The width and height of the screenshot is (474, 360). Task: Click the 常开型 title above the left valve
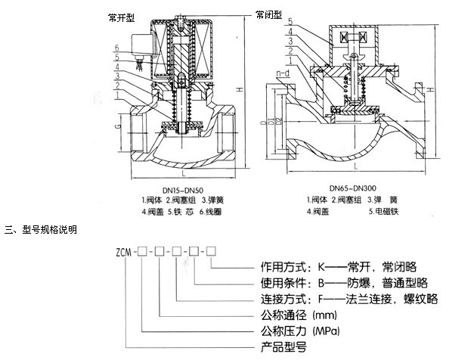coord(122,17)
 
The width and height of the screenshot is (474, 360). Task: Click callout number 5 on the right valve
coord(289,21)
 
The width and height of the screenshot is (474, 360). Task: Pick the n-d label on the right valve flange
coord(283,73)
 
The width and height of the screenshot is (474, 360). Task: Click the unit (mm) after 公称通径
coord(323,313)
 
